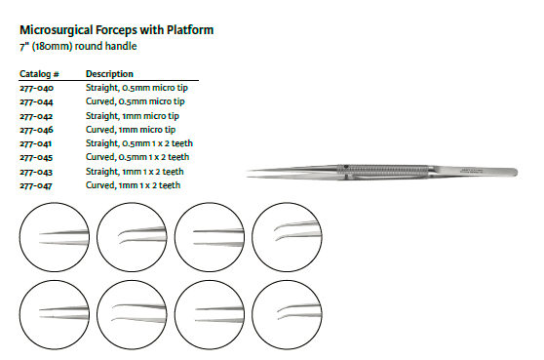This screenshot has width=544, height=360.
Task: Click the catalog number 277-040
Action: [x=36, y=88]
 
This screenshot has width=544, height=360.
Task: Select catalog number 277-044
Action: [x=36, y=101]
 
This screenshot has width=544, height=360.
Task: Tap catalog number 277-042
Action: [x=36, y=116]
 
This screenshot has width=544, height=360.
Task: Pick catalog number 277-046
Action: [x=36, y=130]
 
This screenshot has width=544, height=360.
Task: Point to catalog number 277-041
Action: [x=36, y=143]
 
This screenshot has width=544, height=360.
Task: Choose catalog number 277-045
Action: [x=36, y=157]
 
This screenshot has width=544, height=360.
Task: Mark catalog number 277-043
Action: [x=36, y=172]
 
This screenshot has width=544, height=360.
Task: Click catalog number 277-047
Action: [x=36, y=185]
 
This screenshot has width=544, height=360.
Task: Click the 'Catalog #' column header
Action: [x=39, y=74]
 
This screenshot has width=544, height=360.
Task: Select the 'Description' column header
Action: [x=109, y=74]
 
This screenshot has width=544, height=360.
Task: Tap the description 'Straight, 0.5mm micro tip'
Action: [x=136, y=88]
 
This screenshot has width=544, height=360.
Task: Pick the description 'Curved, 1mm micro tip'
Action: [x=131, y=130]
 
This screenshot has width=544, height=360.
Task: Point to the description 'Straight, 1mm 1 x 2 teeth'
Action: [x=135, y=172]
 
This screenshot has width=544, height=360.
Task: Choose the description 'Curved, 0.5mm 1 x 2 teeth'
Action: [x=137, y=157]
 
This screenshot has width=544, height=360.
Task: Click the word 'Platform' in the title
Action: [x=190, y=30]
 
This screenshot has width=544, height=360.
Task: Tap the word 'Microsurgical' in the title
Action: [x=57, y=30]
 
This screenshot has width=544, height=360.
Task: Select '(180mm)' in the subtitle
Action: [x=52, y=46]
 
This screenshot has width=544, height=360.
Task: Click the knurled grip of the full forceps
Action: [x=383, y=170]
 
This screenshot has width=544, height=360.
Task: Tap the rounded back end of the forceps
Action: [x=515, y=172]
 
